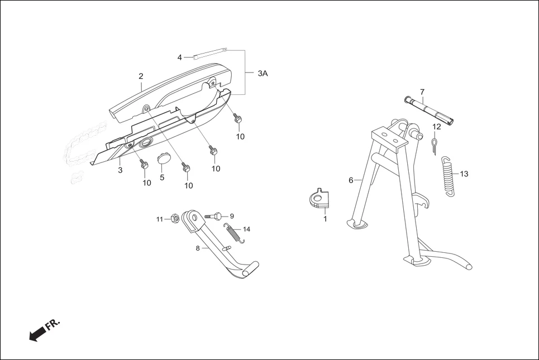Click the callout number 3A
(x=263, y=73)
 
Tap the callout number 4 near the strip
(x=180, y=57)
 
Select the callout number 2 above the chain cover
(x=141, y=76)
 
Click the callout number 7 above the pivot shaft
(x=422, y=92)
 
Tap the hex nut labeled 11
(x=174, y=218)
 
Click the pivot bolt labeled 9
(x=216, y=215)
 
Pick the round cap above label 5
(x=163, y=159)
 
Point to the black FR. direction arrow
(x=37, y=334)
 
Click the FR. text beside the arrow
(x=53, y=325)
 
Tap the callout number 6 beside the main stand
(x=351, y=180)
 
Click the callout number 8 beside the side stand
(x=197, y=248)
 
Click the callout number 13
(x=464, y=174)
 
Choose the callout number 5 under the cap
(x=162, y=177)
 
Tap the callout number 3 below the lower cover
(x=120, y=170)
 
